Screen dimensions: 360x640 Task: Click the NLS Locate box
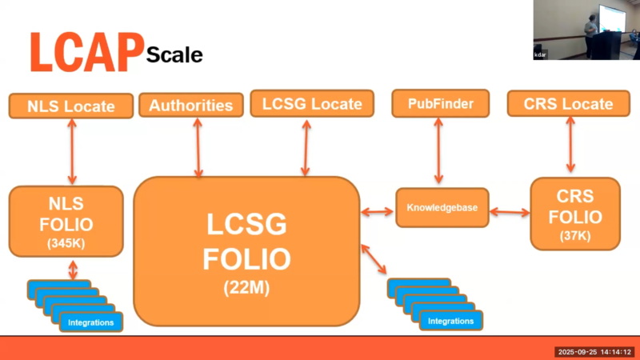point(70,106)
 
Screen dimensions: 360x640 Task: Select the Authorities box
point(191,105)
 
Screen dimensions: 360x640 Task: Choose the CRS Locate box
point(570,104)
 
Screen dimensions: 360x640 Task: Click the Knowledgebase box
point(442,207)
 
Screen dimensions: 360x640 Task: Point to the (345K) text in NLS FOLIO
point(66,241)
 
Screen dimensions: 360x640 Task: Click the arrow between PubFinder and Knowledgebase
point(438,152)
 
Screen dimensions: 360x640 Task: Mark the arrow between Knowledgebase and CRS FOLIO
point(510,212)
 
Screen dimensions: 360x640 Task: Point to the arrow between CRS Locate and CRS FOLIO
point(570,146)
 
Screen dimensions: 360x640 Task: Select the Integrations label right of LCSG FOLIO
point(450,322)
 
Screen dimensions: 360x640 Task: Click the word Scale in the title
point(174,54)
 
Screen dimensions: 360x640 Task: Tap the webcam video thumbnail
point(586,30)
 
